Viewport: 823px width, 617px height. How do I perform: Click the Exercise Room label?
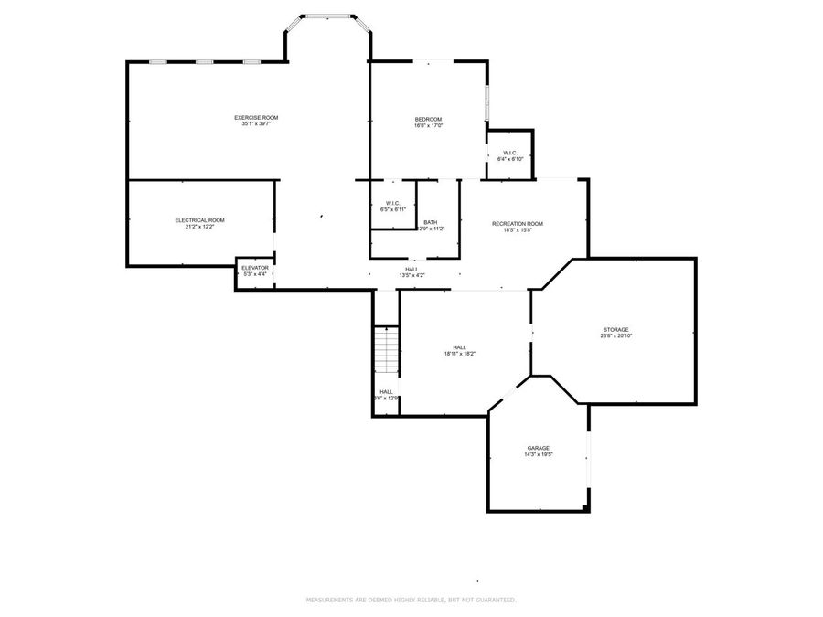point(256,117)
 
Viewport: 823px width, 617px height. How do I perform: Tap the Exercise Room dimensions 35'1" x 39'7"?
point(256,124)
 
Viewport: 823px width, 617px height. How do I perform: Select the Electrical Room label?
point(199,219)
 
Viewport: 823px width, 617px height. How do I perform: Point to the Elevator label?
point(255,268)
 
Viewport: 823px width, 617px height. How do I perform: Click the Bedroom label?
point(428,120)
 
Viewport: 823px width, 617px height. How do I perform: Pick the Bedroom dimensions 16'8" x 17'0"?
point(428,126)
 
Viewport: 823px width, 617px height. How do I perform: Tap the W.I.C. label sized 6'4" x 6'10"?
point(510,153)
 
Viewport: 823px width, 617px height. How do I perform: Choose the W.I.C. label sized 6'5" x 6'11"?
point(393,203)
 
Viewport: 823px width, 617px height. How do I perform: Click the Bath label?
point(430,222)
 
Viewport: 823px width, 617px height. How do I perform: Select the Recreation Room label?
point(518,224)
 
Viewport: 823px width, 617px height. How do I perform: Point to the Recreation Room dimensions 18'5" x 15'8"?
point(518,230)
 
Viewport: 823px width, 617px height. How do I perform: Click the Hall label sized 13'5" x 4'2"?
point(411,269)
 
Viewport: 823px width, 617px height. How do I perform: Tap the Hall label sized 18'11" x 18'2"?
point(459,346)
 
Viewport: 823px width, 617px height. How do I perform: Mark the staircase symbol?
point(386,349)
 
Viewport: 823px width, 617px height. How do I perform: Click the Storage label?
point(615,329)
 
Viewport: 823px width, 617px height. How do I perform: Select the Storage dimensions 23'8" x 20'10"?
point(615,335)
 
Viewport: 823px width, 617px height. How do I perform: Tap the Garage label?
point(538,448)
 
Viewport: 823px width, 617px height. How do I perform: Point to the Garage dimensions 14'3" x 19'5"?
point(538,454)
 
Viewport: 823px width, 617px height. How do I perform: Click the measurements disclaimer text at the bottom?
point(411,600)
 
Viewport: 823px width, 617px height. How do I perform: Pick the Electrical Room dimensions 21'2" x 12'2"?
point(199,227)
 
